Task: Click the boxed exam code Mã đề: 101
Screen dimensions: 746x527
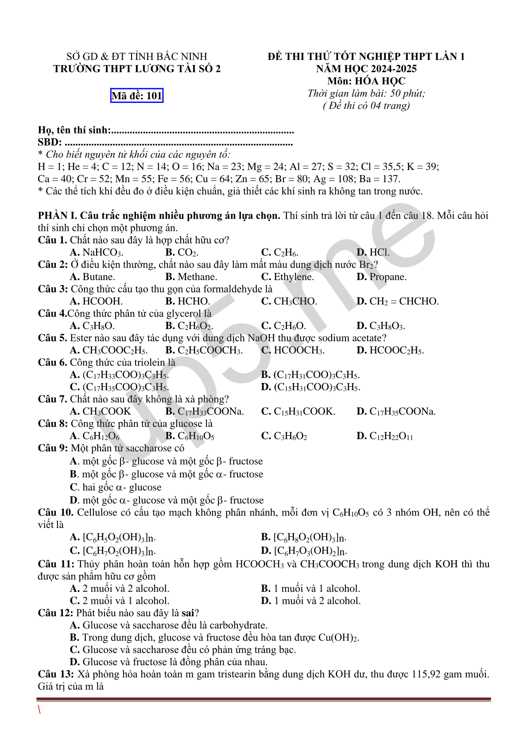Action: click(137, 96)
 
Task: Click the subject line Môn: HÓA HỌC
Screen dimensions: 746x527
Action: click(366, 81)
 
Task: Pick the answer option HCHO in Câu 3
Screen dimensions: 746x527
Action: click(188, 301)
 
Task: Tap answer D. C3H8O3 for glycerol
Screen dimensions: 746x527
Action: click(380, 326)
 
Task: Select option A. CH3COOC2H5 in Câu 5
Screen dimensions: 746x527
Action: click(108, 351)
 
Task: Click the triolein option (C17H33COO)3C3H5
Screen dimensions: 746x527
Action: click(119, 375)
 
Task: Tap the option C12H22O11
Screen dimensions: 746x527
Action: click(385, 436)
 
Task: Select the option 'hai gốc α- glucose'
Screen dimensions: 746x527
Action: click(116, 488)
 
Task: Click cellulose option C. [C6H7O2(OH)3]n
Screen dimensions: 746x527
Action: click(113, 551)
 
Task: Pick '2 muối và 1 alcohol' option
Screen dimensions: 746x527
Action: click(120, 601)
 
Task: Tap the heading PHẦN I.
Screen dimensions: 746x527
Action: click(57, 216)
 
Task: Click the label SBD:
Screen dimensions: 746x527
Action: click(50, 142)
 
